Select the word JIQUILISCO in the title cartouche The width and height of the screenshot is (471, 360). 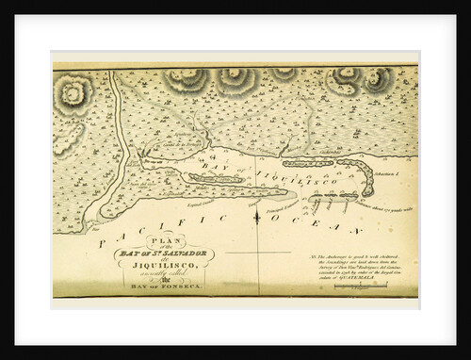164,266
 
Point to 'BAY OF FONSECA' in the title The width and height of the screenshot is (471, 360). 164,286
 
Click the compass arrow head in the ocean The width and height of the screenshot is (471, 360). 257,214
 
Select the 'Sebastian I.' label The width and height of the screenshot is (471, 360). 389,173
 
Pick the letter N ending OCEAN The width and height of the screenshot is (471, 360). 355,230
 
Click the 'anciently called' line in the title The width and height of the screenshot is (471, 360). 164,275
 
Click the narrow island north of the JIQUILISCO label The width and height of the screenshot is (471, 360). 308,163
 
